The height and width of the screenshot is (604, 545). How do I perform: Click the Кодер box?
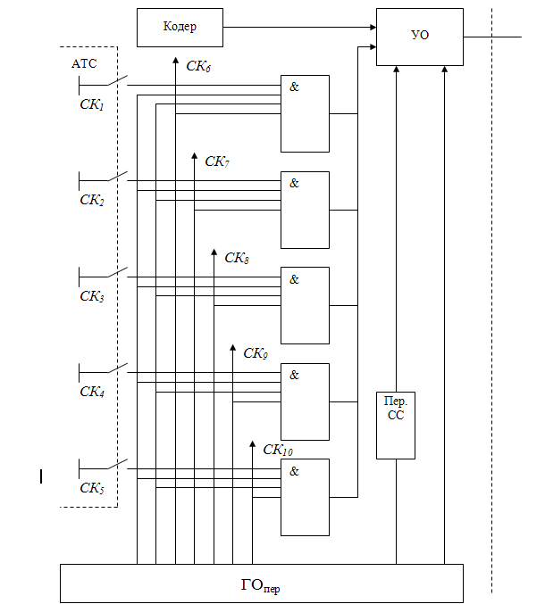click(x=180, y=28)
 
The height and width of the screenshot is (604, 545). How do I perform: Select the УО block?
click(x=418, y=37)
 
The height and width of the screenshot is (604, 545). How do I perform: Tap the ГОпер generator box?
click(x=261, y=583)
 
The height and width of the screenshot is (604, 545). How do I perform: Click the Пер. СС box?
click(x=396, y=425)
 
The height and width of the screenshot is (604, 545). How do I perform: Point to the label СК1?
click(x=92, y=105)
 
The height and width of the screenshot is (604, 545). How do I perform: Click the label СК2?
click(x=92, y=201)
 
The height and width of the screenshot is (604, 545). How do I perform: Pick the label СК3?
click(x=92, y=296)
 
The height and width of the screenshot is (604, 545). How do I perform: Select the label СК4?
click(x=92, y=392)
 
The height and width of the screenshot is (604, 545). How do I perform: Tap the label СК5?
click(x=92, y=487)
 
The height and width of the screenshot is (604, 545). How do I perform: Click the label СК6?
click(x=198, y=66)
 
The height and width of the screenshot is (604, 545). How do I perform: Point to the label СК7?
click(x=217, y=161)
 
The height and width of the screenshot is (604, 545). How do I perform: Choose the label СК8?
click(x=237, y=258)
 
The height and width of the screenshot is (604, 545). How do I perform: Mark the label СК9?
click(x=256, y=353)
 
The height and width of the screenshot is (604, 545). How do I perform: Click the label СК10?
click(x=278, y=449)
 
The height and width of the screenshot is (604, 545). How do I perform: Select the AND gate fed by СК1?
click(x=305, y=113)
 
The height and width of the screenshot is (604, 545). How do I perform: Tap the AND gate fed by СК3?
click(x=305, y=305)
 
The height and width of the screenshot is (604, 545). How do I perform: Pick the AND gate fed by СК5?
click(x=305, y=497)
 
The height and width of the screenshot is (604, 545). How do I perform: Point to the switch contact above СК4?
click(x=116, y=368)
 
